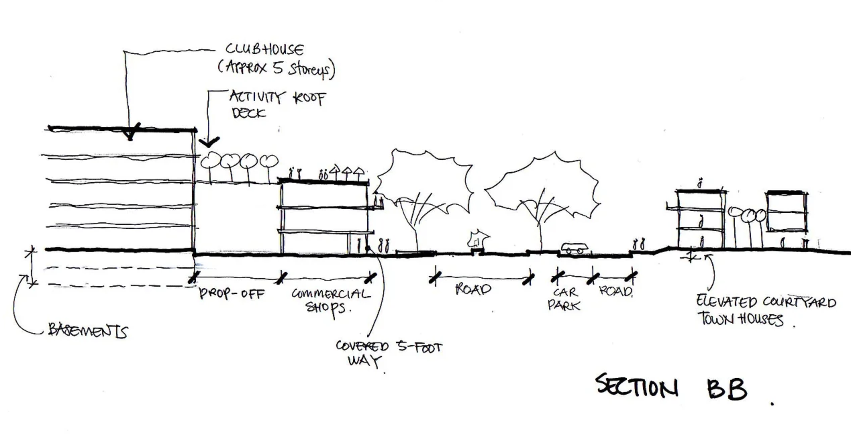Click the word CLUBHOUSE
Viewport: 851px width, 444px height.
(x=264, y=50)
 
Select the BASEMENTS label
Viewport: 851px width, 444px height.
(x=88, y=330)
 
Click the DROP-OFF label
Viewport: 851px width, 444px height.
(x=232, y=294)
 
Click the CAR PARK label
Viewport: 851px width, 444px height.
(x=564, y=299)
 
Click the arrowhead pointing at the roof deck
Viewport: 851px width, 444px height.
(x=209, y=142)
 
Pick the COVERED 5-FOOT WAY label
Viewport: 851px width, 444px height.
(x=388, y=354)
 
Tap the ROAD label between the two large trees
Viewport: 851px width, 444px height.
(x=473, y=289)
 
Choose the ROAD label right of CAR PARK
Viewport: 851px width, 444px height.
(x=615, y=291)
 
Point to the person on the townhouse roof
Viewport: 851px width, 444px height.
(x=700, y=184)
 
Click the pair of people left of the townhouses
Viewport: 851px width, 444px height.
(x=639, y=244)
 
